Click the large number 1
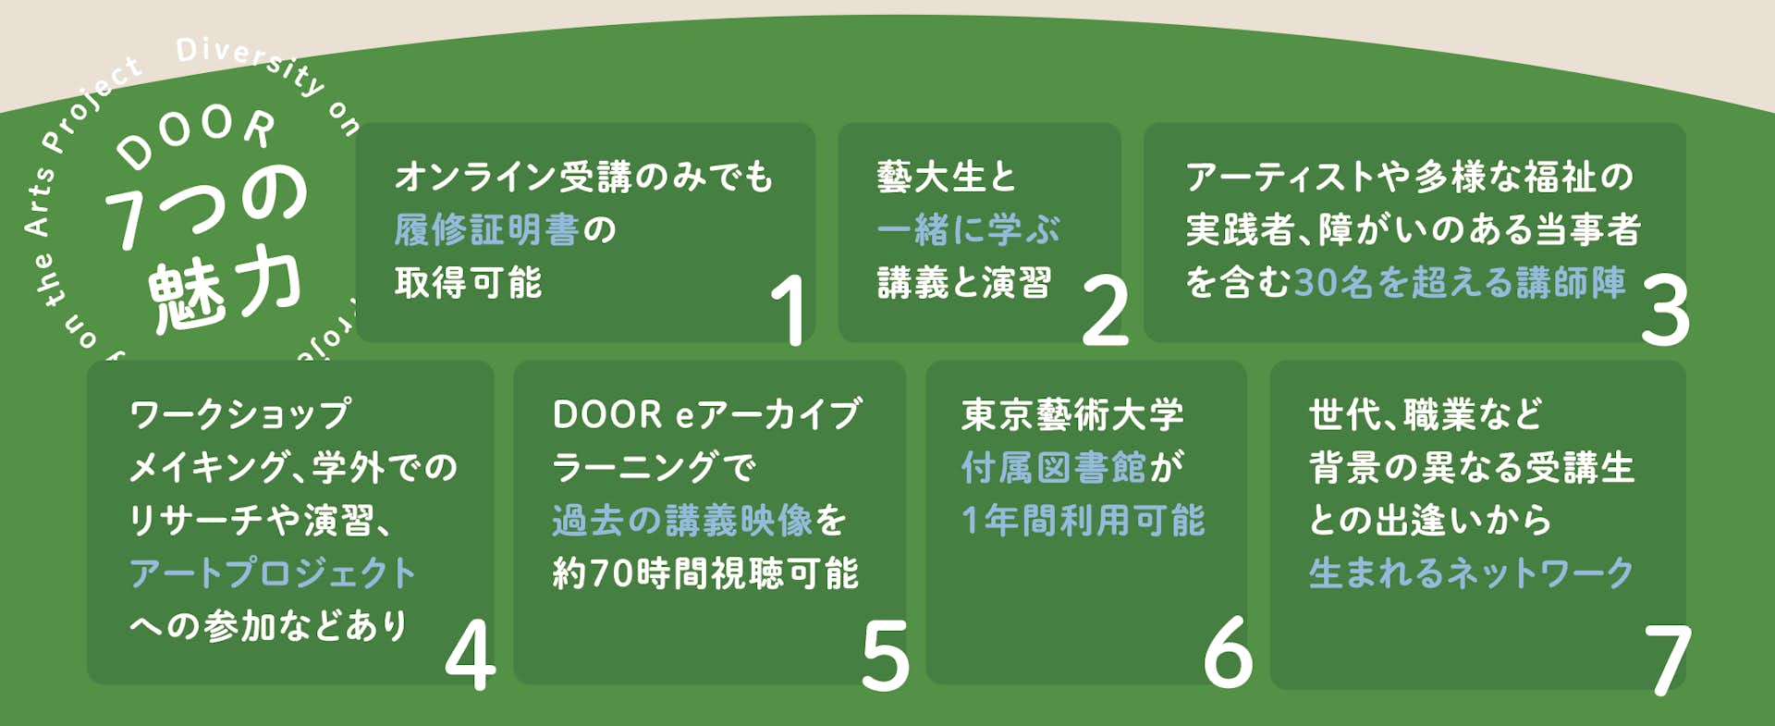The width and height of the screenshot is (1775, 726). tap(790, 310)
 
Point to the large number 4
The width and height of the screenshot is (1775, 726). tap(470, 655)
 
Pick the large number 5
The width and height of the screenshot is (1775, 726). tap(885, 655)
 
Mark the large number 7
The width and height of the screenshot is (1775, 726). tap(1669, 658)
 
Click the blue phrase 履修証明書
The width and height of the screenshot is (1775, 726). tap(486, 229)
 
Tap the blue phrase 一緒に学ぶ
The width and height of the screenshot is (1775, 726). tap(968, 229)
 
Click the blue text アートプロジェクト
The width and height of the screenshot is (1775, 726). tap(273, 573)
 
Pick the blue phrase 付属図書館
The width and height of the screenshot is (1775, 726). tap(1054, 468)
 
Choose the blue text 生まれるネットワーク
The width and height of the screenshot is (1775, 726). tap(1472, 573)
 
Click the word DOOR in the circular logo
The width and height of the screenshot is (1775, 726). tap(196, 133)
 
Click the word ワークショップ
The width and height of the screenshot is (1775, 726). tap(240, 414)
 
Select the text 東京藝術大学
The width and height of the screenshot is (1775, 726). tap(1072, 414)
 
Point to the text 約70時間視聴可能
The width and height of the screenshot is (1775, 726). tap(705, 573)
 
